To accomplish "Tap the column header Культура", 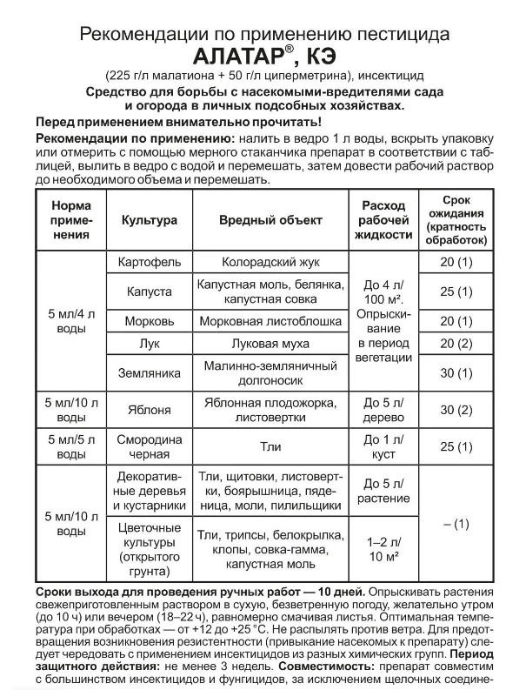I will click(149, 220).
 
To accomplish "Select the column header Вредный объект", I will click(270, 220).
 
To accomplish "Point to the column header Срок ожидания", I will click(456, 219).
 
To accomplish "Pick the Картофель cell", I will click(149, 261).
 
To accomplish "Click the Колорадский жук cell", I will click(270, 261).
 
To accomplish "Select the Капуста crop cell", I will click(149, 291).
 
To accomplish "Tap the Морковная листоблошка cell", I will click(270, 320).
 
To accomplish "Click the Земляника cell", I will click(149, 372).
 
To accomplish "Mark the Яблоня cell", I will click(149, 410).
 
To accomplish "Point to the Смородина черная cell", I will click(149, 446).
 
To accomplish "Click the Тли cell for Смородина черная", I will click(270, 446).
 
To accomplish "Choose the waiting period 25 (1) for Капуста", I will click(456, 291).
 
